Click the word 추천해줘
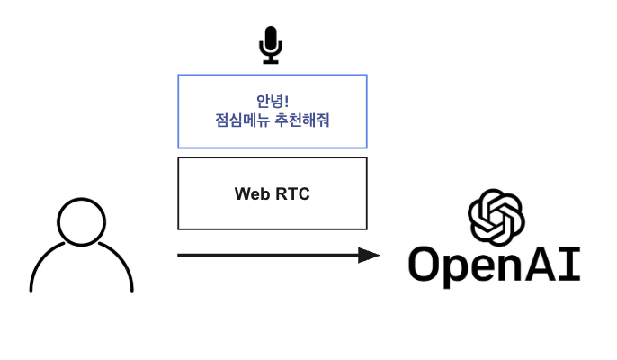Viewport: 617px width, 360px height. (x=301, y=120)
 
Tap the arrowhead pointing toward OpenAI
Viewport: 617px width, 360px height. (x=369, y=256)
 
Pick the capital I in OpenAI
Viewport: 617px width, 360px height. (x=574, y=265)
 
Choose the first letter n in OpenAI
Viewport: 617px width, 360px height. (x=520, y=268)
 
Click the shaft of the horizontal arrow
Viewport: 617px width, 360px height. (x=270, y=256)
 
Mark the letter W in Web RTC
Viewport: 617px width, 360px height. (x=242, y=193)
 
